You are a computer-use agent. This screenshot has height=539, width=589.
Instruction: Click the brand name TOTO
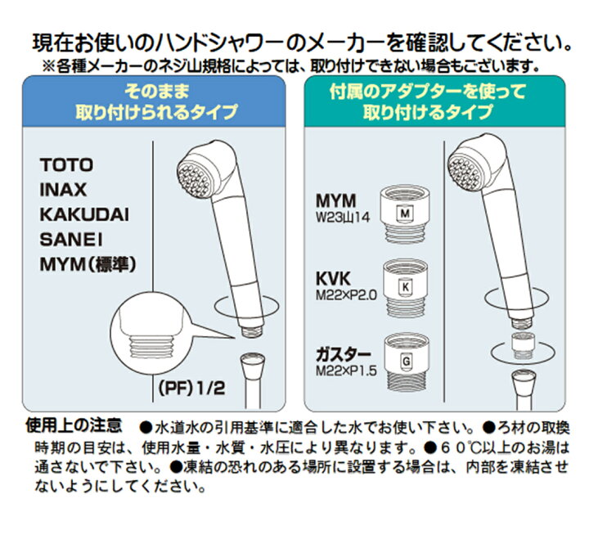point(66,165)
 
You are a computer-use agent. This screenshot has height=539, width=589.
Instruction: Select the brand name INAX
point(63,190)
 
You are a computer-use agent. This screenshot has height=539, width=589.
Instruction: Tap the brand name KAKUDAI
point(84,214)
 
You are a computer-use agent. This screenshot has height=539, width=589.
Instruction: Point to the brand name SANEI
point(71,240)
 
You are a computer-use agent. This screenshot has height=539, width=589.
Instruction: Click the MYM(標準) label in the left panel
point(88,265)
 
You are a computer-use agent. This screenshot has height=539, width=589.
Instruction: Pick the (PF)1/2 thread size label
point(192,387)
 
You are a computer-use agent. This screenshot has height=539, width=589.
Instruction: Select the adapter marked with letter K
point(405,288)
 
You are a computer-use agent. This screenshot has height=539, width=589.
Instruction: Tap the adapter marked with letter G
point(406,361)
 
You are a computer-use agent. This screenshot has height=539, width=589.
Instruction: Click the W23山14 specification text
point(343,218)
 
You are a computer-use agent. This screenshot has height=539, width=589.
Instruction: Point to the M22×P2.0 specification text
point(346,295)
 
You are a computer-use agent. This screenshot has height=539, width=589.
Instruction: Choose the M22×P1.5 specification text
point(346,371)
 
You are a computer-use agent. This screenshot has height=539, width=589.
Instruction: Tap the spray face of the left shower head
point(194,177)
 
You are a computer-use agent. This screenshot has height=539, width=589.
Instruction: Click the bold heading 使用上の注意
point(74,424)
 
